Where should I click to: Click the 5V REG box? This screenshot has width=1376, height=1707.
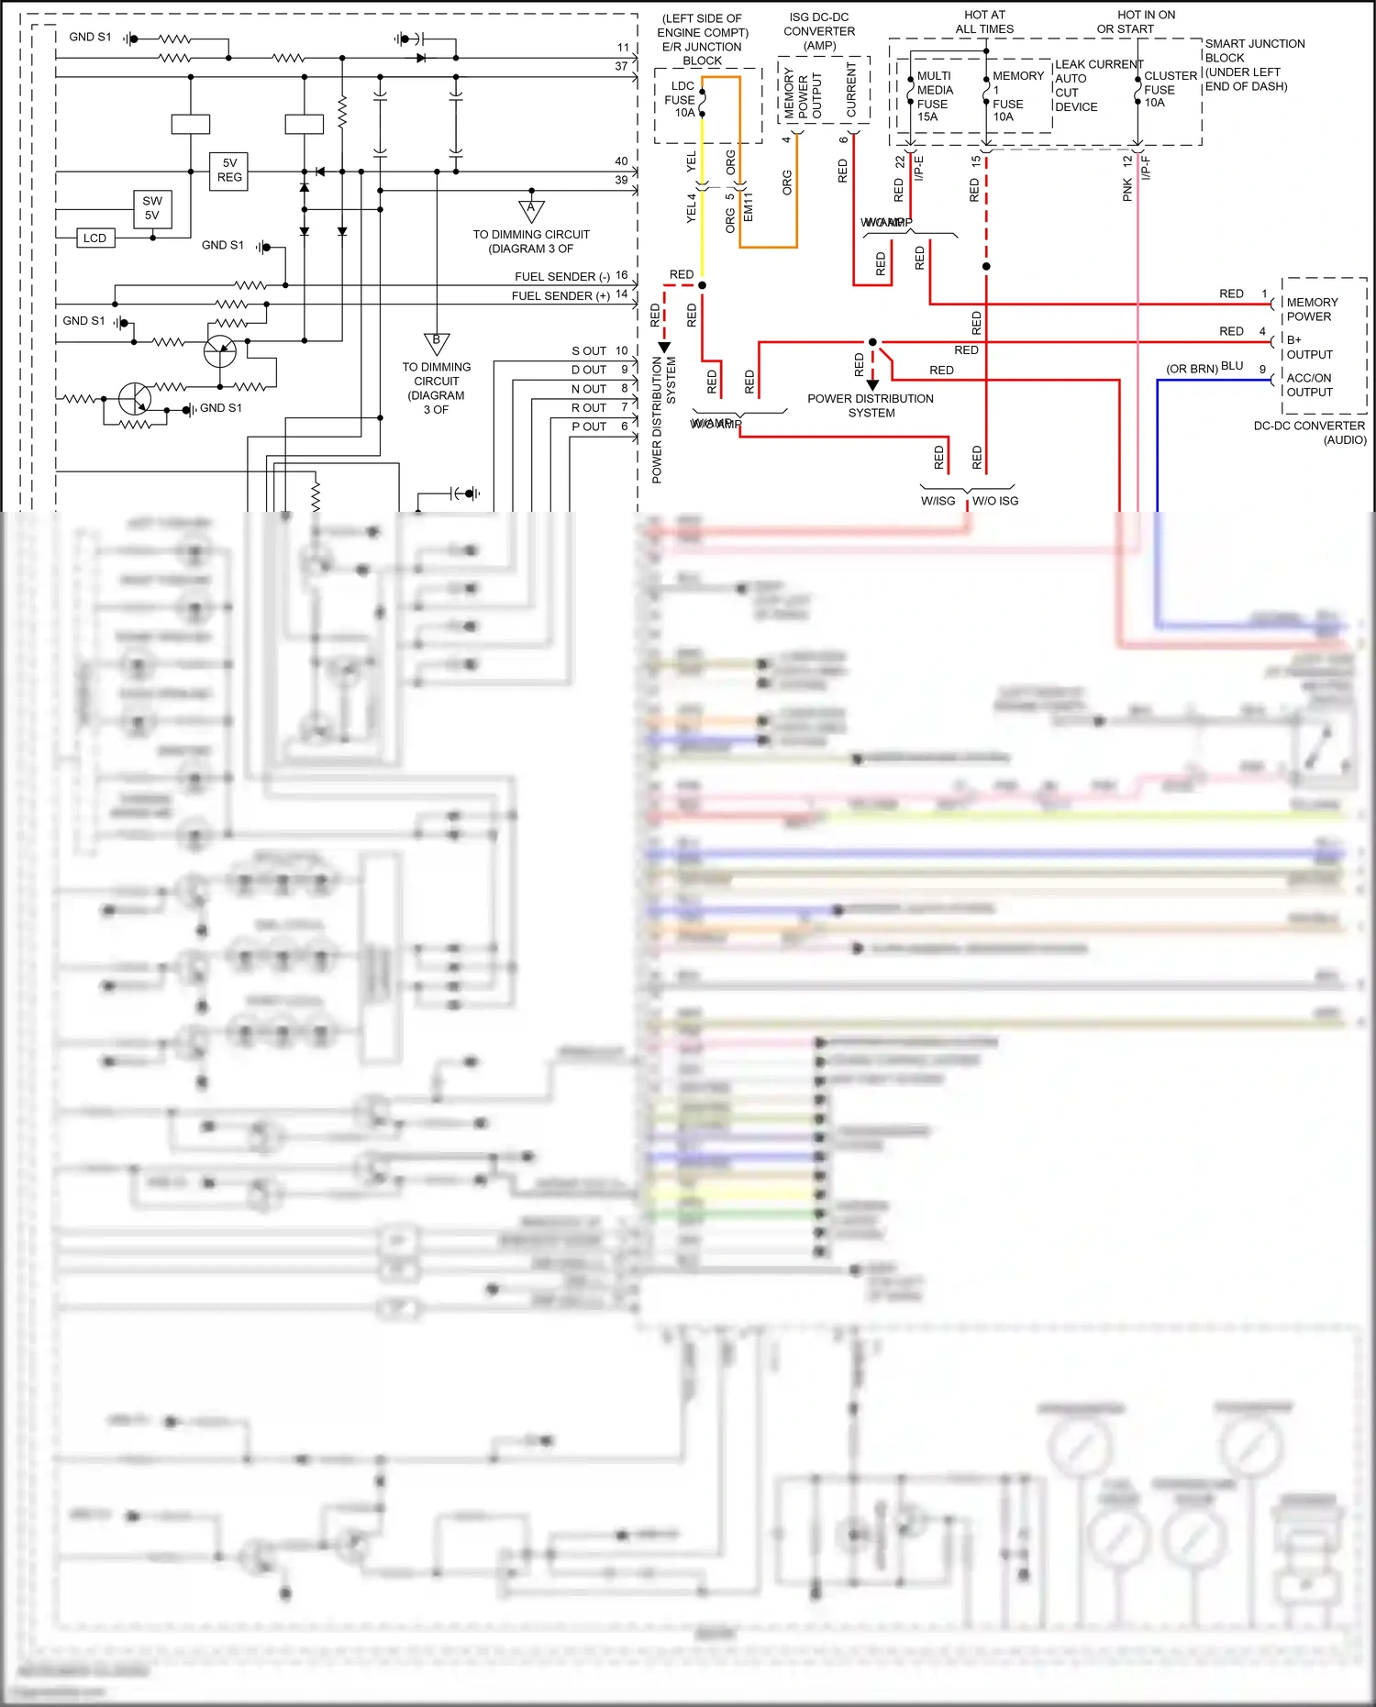click(229, 171)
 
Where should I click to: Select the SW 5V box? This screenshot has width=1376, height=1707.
click(152, 208)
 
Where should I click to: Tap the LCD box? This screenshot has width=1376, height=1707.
click(94, 238)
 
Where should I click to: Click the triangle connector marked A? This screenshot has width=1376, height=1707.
click(531, 210)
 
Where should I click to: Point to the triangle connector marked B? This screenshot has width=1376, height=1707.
click(437, 343)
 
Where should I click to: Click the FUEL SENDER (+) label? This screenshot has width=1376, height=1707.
click(560, 296)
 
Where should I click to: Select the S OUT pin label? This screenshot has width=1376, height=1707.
click(589, 351)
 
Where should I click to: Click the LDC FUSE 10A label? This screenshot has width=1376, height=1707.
click(681, 100)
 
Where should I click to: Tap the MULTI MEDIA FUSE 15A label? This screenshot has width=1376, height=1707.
click(935, 96)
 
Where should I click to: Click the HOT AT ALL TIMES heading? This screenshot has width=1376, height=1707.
click(984, 22)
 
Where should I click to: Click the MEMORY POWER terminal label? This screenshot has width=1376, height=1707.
click(1312, 309)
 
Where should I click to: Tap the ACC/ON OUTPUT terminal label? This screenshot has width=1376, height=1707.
click(1309, 385)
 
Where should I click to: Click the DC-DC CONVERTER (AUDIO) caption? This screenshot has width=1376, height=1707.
click(1310, 433)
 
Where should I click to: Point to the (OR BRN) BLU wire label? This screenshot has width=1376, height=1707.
click(1204, 368)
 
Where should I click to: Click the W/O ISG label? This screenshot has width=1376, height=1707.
click(995, 501)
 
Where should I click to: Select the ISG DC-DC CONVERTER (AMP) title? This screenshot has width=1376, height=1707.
click(819, 31)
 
